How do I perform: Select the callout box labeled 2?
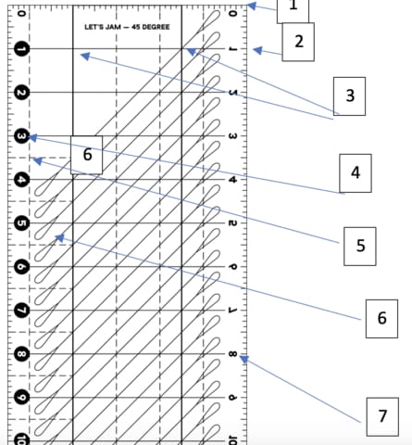pyautogui.click(x=299, y=42)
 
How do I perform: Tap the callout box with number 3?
pyautogui.click(x=350, y=95)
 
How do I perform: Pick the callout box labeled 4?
pyautogui.click(x=354, y=172)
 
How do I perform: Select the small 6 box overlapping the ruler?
pyautogui.click(x=87, y=154)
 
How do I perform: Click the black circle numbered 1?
pyautogui.click(x=22, y=49)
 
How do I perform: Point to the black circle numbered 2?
pyautogui.click(x=22, y=93)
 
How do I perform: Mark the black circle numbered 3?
pyautogui.click(x=22, y=137)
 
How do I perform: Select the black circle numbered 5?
pyautogui.click(x=22, y=223)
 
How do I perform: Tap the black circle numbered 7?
pyautogui.click(x=22, y=311)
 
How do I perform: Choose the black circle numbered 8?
pyautogui.click(x=22, y=354)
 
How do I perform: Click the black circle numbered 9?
pyautogui.click(x=22, y=398)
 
